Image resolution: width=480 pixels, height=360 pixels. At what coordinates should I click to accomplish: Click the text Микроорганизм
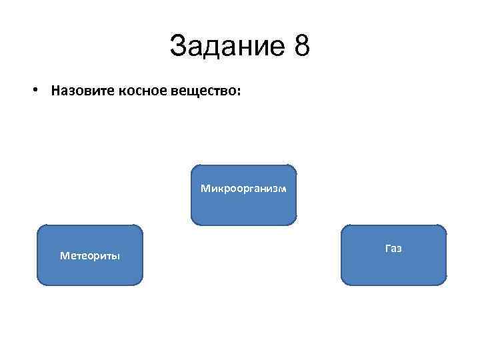pyautogui.click(x=244, y=189)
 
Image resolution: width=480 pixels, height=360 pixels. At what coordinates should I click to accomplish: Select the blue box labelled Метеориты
pyautogui.click(x=90, y=255)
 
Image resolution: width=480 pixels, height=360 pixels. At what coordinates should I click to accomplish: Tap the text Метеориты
pyautogui.click(x=90, y=255)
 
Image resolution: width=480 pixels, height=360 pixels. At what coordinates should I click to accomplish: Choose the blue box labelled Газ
pyautogui.click(x=393, y=255)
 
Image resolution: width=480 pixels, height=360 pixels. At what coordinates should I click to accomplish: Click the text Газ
pyautogui.click(x=393, y=248)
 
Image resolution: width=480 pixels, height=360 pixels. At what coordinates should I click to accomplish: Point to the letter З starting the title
pyautogui.click(x=177, y=47)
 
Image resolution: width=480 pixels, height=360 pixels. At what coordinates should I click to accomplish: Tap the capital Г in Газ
pyautogui.click(x=387, y=248)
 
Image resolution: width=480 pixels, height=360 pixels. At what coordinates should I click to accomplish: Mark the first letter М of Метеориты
pyautogui.click(x=63, y=255)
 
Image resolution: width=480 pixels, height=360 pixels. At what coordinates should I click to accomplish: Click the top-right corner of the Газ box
pyautogui.click(x=444, y=226)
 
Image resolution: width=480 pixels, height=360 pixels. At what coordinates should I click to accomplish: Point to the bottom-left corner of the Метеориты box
pyautogui.click(x=38, y=285)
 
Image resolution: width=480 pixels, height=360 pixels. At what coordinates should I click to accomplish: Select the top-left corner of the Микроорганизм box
pyautogui.click(x=193, y=166)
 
